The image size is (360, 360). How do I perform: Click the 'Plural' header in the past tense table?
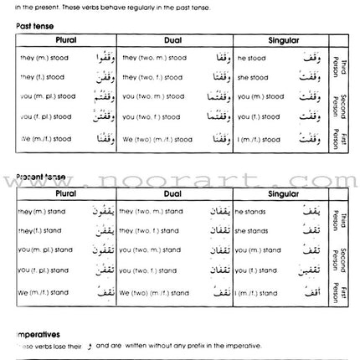pos(66,40)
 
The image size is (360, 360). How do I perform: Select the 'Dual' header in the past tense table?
pos(176,40)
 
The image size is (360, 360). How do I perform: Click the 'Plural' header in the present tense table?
pos(66,193)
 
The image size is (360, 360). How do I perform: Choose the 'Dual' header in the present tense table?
pos(176,193)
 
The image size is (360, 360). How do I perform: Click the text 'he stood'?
pos(252,59)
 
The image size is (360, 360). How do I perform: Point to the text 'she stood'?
pos(253,78)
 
